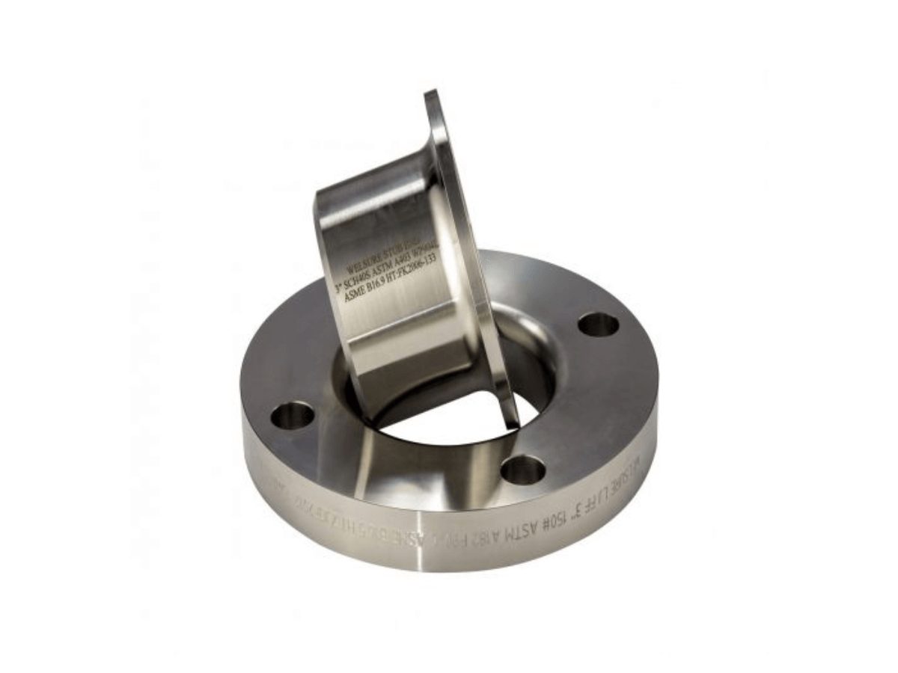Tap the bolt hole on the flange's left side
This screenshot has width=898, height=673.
(x=292, y=414)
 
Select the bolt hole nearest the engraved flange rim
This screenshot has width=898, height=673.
(x=522, y=469)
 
